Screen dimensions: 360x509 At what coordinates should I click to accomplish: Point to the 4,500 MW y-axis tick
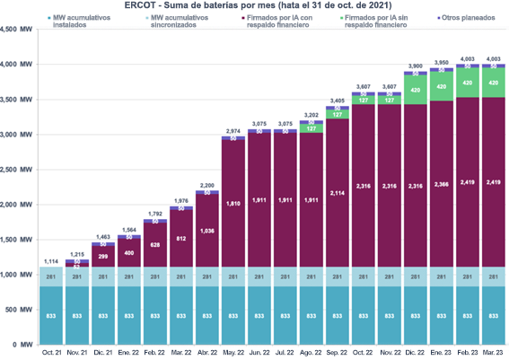(17, 30)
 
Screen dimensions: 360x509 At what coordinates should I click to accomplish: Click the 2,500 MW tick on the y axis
(17, 170)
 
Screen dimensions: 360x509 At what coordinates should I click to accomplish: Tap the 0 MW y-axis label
(23, 345)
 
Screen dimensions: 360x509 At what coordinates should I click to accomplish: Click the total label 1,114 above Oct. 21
(53, 260)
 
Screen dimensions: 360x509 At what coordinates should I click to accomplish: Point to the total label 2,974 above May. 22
(233, 131)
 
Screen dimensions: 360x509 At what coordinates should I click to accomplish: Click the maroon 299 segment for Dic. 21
(104, 256)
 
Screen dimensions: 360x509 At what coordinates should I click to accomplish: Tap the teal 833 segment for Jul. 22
(284, 316)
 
